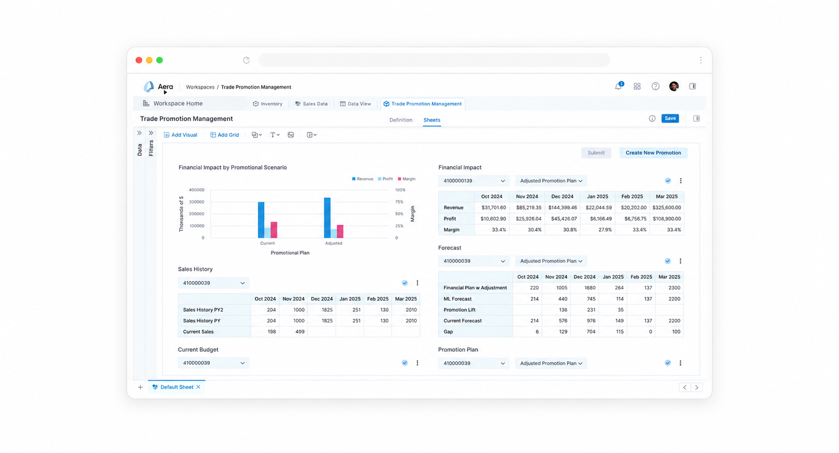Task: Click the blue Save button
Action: [x=670, y=118]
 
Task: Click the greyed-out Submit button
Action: [x=596, y=153]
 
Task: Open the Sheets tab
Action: [x=432, y=120]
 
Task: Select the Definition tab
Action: [x=400, y=120]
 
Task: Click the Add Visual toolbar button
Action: [x=180, y=135]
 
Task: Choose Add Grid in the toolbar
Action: [x=224, y=135]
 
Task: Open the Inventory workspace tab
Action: [x=267, y=104]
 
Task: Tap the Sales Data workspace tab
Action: [x=311, y=104]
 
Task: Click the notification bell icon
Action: [x=618, y=86]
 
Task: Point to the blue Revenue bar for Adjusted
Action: [x=327, y=218]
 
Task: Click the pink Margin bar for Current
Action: [x=274, y=230]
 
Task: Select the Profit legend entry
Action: [x=385, y=179]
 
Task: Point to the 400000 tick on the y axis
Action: [x=197, y=190]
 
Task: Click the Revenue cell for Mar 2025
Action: [x=666, y=207]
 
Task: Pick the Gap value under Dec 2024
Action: [x=591, y=332]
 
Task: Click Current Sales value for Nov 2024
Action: [x=300, y=332]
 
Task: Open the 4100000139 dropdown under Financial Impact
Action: [x=473, y=181]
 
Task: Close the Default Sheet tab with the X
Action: [x=199, y=387]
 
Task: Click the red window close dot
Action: [x=138, y=60]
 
